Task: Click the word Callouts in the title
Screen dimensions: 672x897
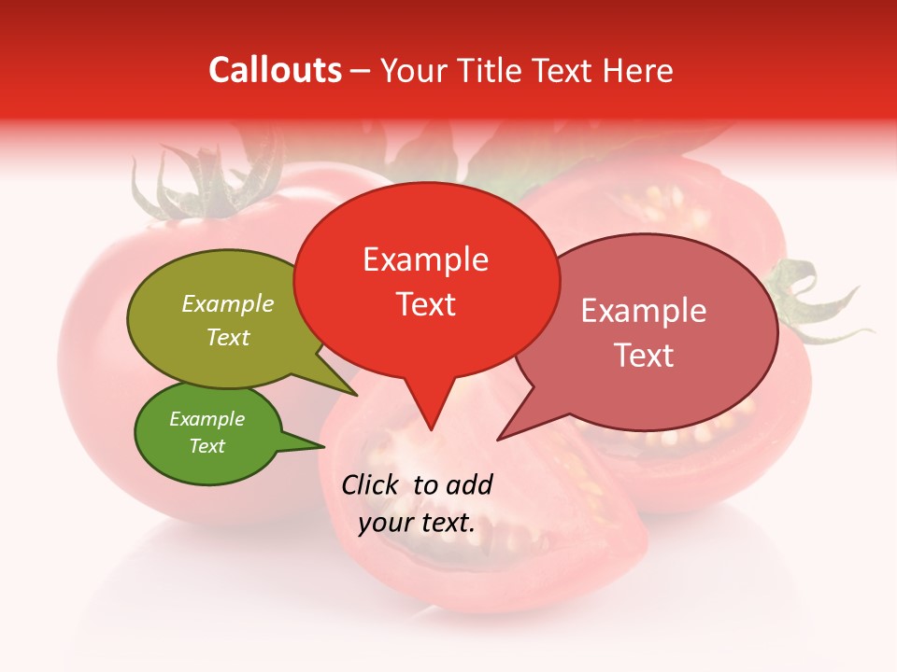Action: tap(275, 70)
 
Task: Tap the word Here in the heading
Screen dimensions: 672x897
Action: tap(639, 70)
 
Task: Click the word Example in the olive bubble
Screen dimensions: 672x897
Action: tap(227, 303)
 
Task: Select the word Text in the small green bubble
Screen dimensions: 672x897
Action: tap(206, 446)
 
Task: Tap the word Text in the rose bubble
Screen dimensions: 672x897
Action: tap(644, 355)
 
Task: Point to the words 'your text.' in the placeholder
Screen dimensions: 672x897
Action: tap(416, 523)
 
